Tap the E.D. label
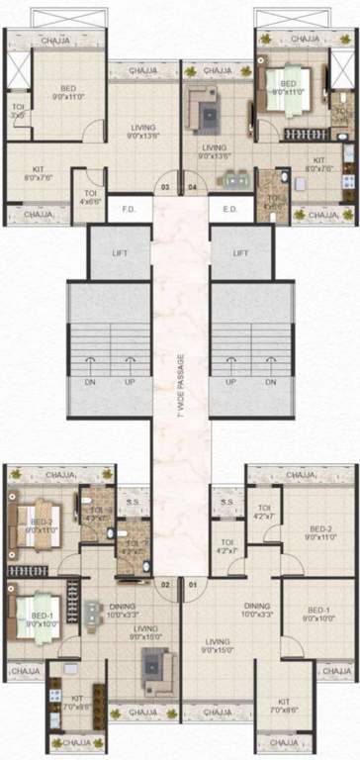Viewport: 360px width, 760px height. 230,209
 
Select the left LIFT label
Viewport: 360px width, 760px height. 120,253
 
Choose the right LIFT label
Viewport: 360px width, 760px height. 239,253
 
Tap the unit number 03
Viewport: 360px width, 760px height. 166,186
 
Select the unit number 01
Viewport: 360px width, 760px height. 193,586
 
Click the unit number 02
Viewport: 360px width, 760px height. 166,586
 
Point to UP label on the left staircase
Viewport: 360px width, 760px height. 128,382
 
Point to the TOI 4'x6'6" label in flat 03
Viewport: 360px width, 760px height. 90,197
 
